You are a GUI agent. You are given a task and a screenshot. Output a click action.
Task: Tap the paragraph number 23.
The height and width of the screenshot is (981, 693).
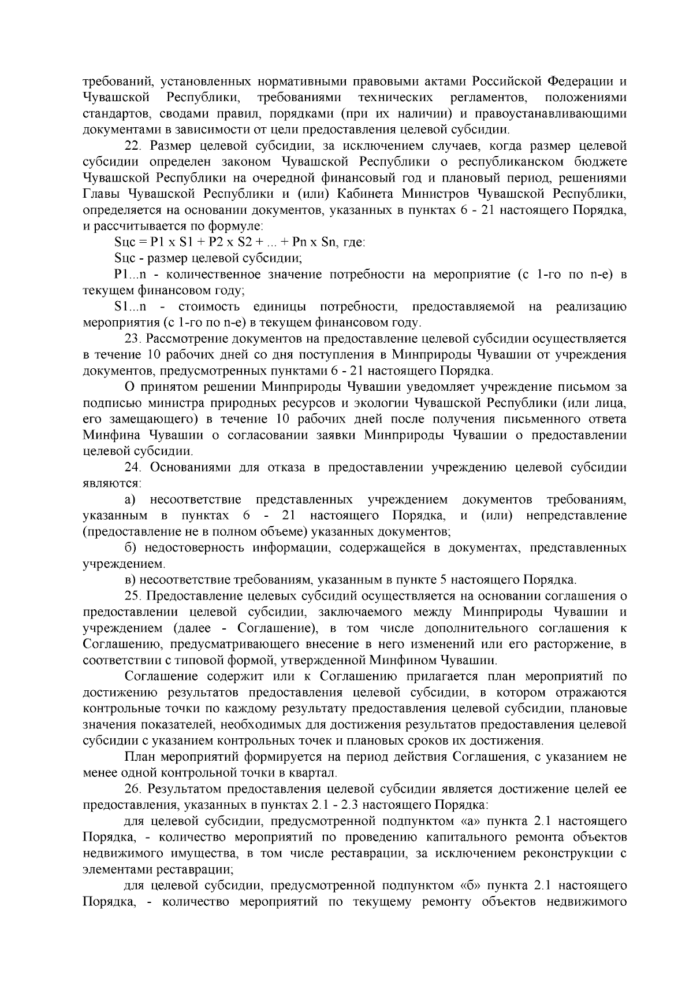[133, 338]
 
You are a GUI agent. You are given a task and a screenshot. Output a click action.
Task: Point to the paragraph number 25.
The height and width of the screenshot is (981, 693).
[133, 596]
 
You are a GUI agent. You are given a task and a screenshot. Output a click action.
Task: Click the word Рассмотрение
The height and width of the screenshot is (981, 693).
[186, 338]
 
